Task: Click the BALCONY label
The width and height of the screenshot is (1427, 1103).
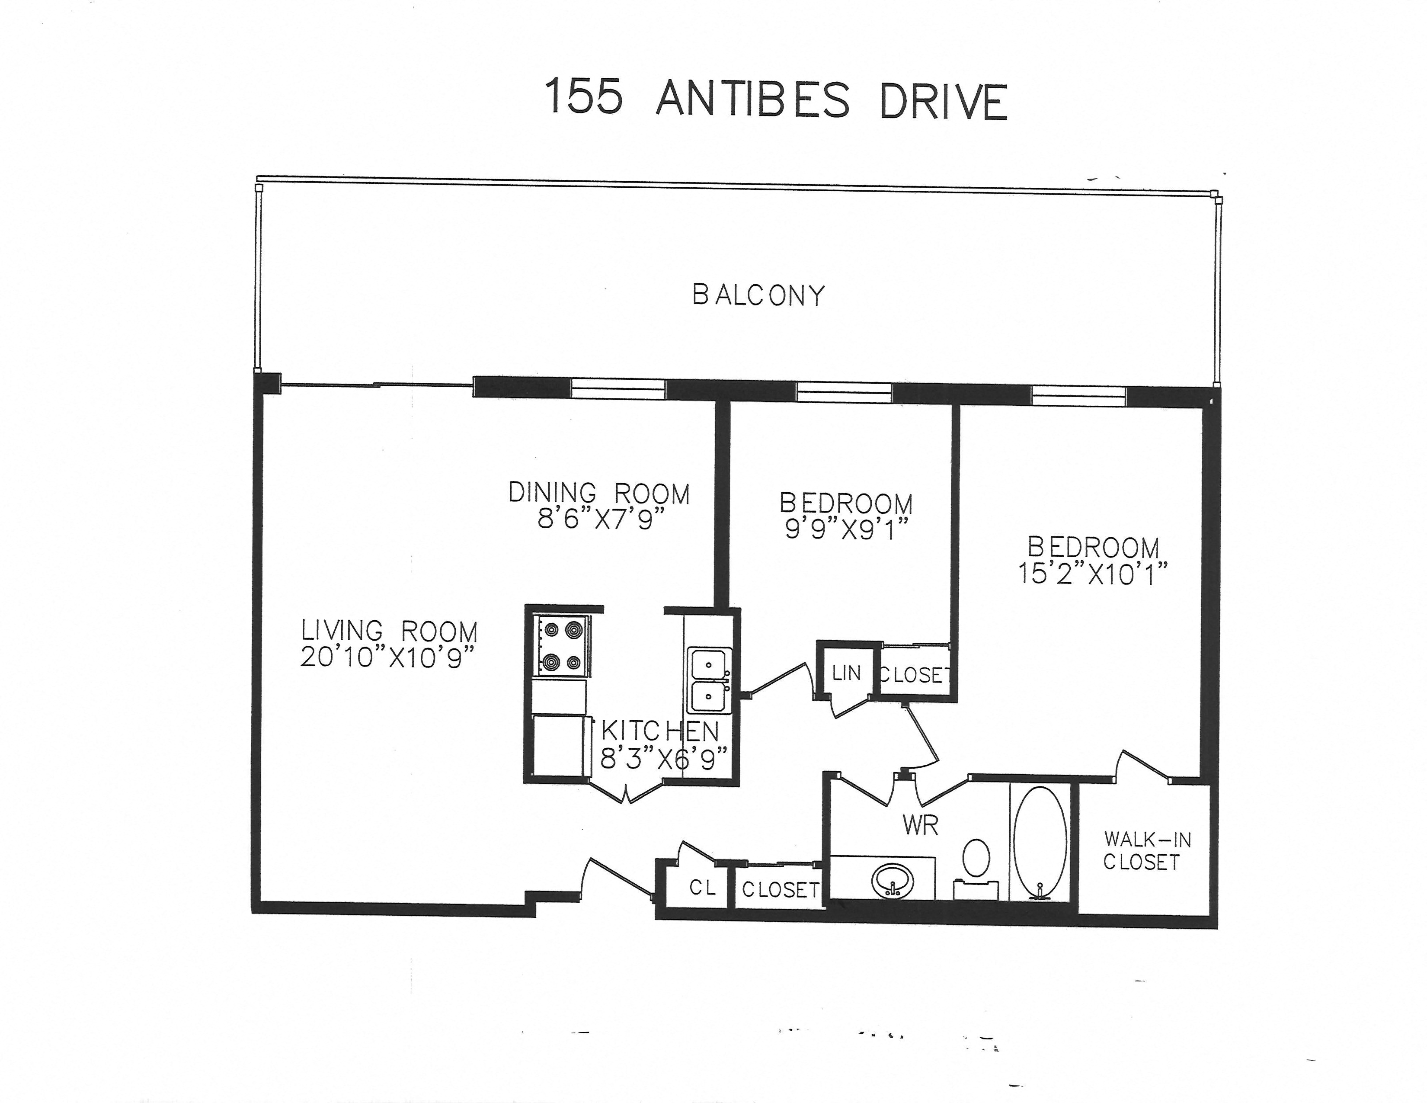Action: click(758, 295)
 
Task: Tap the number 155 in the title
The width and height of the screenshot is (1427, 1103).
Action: click(583, 97)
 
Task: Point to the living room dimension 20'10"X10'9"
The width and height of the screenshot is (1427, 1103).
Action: click(387, 658)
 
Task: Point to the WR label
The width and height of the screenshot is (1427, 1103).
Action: click(920, 826)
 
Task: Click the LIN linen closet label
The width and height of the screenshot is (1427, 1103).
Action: click(846, 673)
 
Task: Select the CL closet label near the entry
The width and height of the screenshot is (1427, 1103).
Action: click(702, 887)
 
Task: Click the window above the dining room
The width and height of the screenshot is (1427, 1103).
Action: click(618, 389)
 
